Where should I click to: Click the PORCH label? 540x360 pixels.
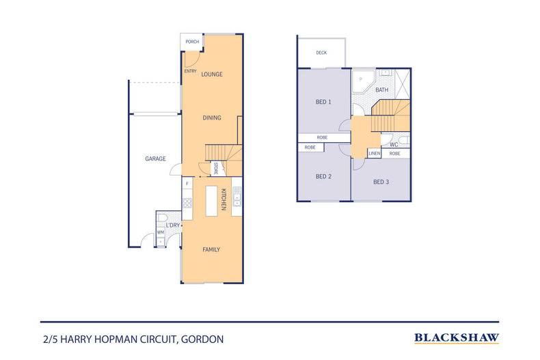[x=192, y=42]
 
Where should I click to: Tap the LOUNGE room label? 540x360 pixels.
[x=212, y=74]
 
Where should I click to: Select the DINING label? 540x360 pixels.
[x=212, y=117]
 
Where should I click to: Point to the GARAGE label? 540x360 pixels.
[x=155, y=158]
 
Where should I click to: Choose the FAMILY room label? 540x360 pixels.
[x=211, y=249]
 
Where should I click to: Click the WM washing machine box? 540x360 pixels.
[x=161, y=233]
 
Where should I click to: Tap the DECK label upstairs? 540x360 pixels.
[x=321, y=53]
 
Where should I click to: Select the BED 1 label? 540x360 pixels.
[x=323, y=102]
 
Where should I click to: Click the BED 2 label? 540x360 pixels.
[x=323, y=176]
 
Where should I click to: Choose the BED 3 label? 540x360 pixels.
[x=381, y=182]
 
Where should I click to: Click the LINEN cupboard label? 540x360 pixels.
[x=374, y=154]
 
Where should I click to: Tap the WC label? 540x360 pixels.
[x=394, y=145]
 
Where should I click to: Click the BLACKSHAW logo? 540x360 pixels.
[x=457, y=337]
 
